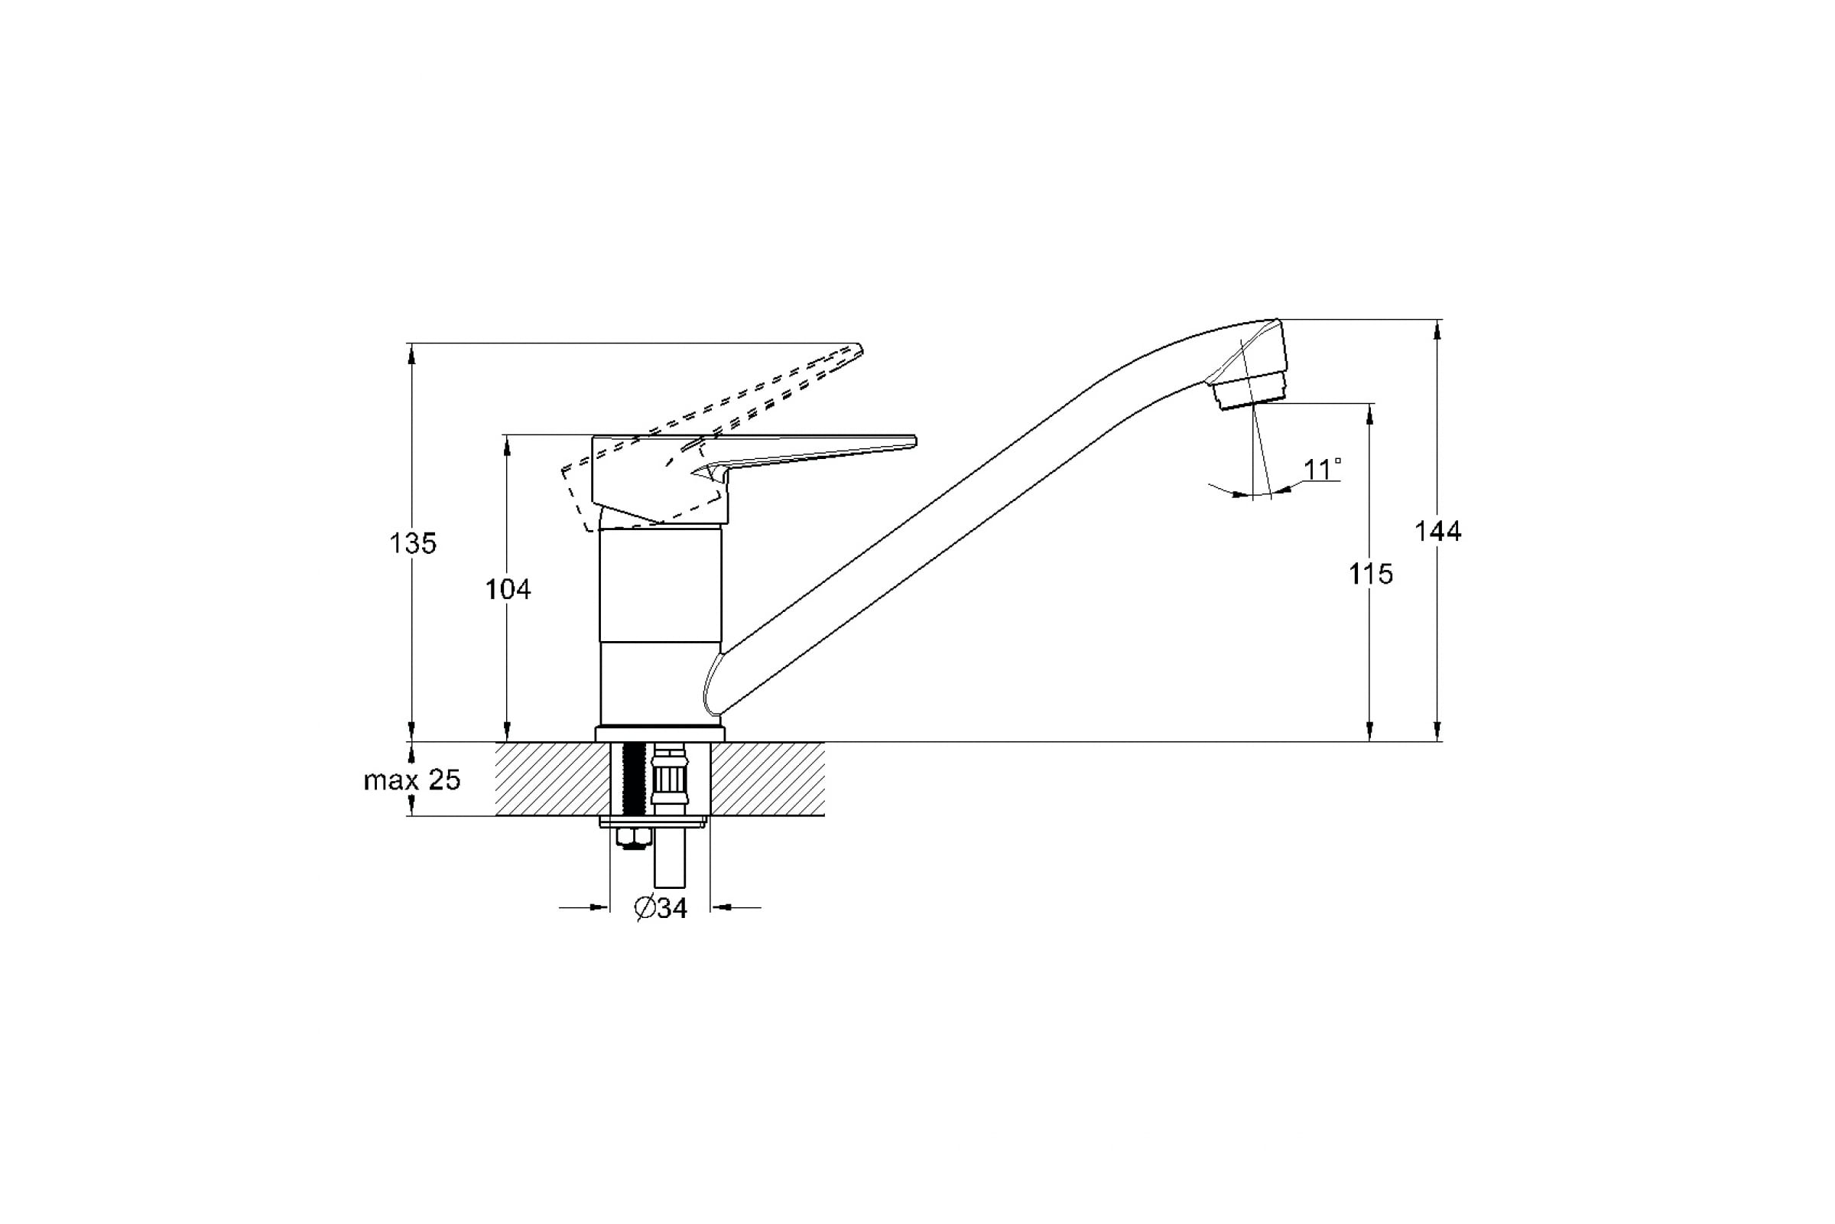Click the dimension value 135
pos(413,543)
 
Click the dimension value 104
pos(508,589)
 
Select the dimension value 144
pos(1437,532)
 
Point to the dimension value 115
pos(1371,575)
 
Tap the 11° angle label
pos(1323,469)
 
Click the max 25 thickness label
pos(412,780)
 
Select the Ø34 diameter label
pos(661,908)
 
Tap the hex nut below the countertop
pos(633,838)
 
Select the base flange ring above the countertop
pos(660,734)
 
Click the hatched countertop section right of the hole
pos(768,779)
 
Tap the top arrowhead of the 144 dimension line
pos(1437,329)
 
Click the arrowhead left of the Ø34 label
pos(599,907)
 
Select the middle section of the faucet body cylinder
pos(660,585)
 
